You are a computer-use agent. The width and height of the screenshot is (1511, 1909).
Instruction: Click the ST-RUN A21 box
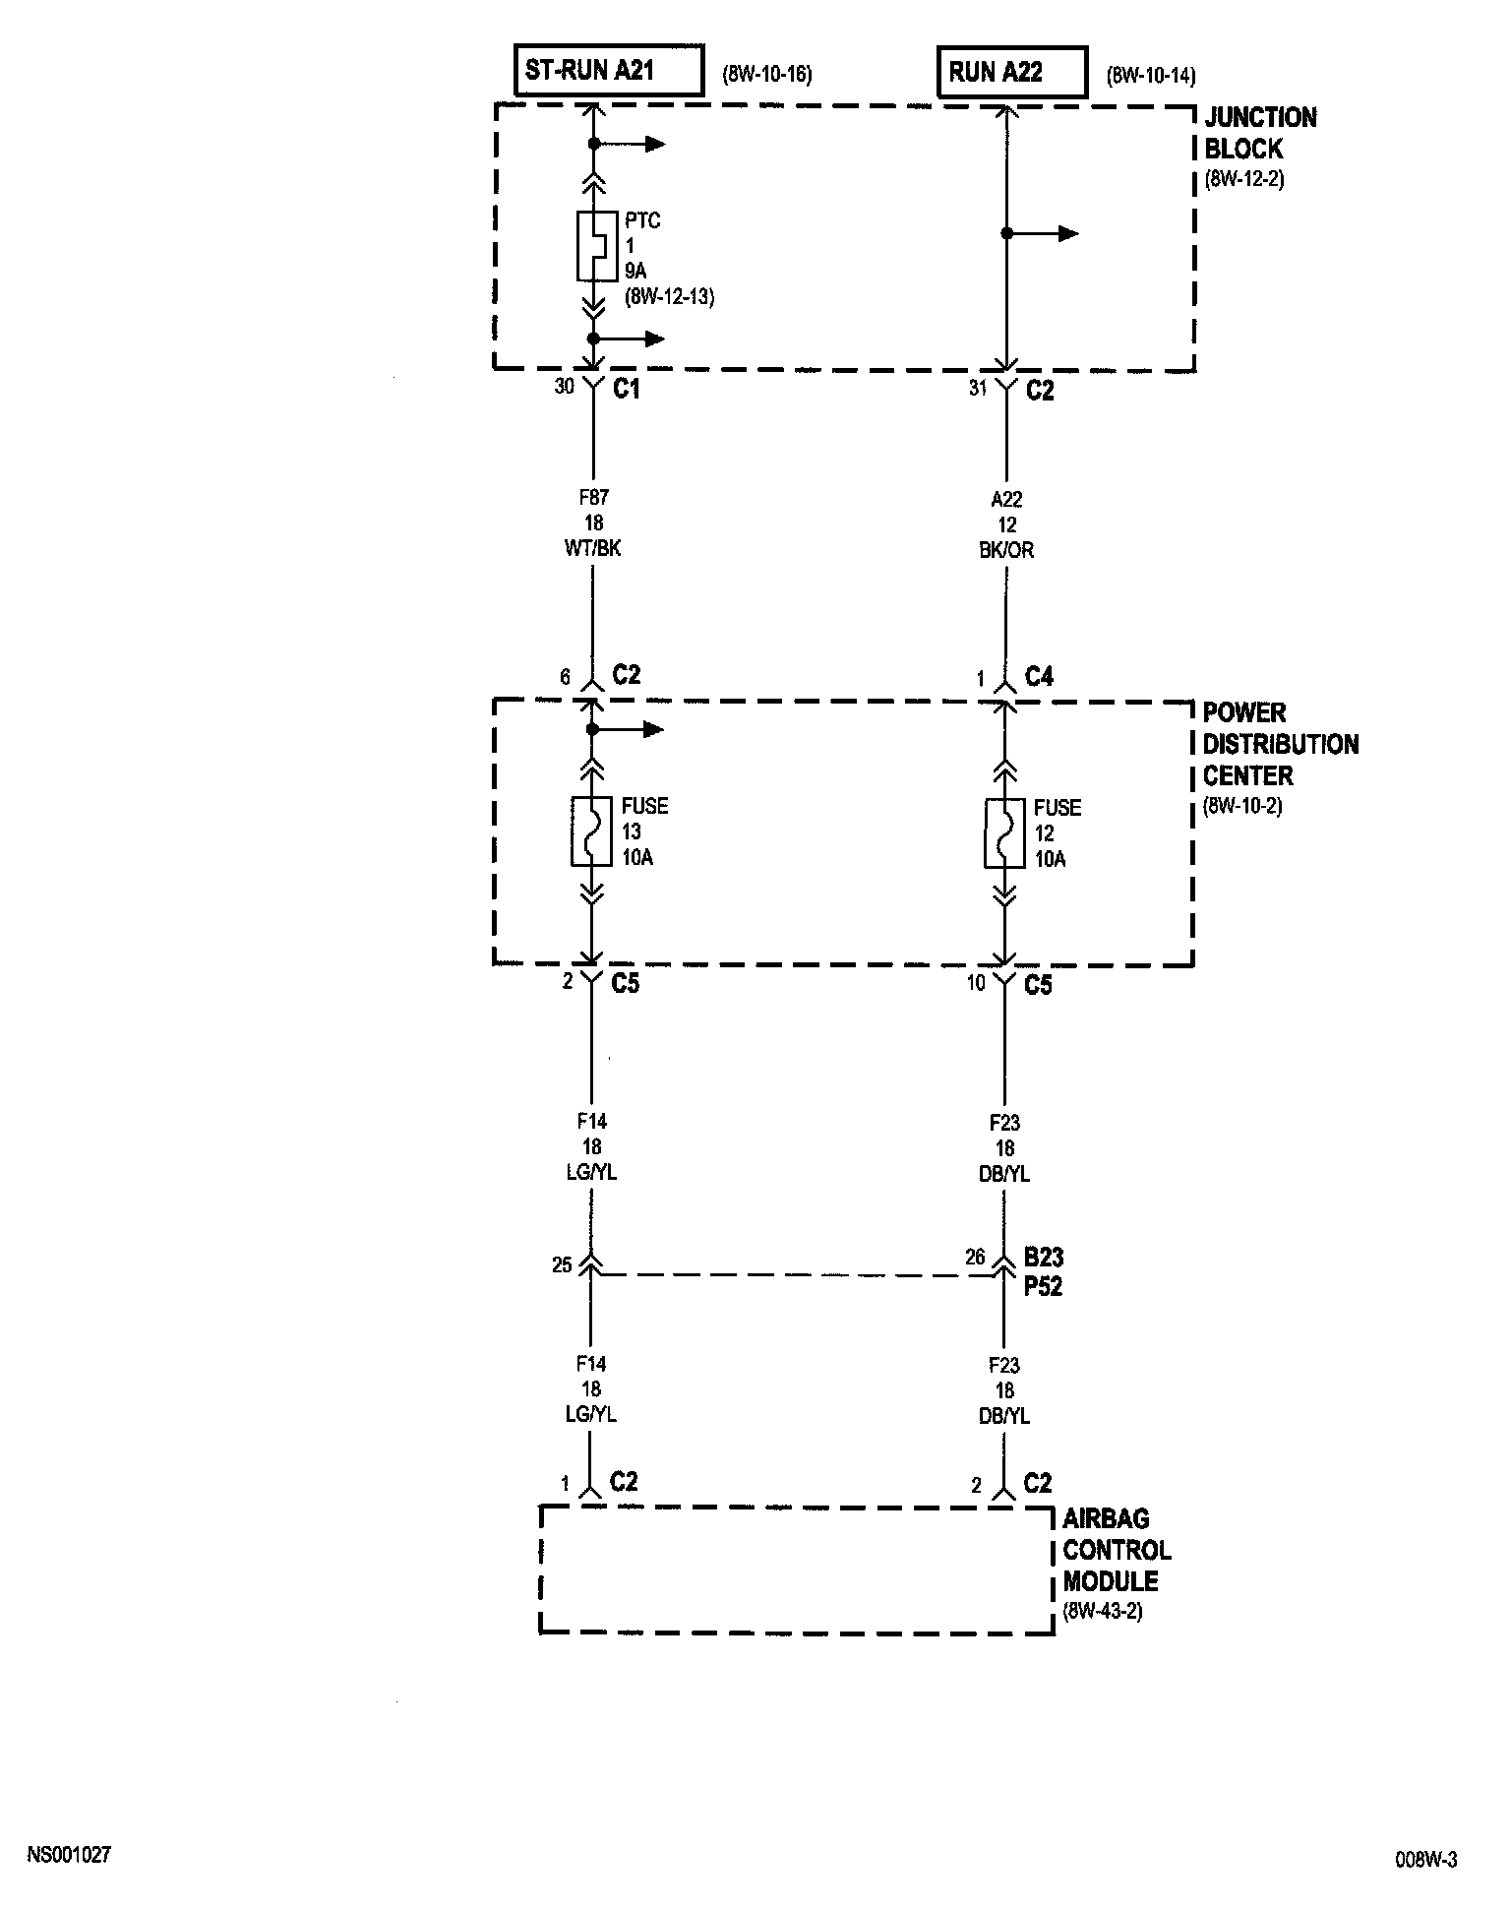coord(610,72)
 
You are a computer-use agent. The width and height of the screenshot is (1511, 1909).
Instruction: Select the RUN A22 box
coord(1012,72)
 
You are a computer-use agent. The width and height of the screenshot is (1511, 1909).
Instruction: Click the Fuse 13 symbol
coord(591,831)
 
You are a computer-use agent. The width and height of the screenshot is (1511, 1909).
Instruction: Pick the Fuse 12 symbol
coord(1004,833)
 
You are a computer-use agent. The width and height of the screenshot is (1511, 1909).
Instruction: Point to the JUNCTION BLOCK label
coord(1259,134)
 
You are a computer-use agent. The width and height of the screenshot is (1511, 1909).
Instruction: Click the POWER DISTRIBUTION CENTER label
coord(1280,744)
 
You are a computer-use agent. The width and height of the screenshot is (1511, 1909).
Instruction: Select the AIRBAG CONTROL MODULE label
coord(1117,1550)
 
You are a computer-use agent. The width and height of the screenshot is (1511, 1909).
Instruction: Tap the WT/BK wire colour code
coord(592,549)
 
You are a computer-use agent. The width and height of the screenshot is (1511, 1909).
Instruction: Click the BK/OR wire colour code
coord(1005,551)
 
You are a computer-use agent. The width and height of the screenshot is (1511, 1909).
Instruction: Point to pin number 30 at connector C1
coord(564,387)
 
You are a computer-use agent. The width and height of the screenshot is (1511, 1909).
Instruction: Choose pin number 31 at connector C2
coord(977,389)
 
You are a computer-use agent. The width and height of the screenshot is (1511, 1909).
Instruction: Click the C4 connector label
coord(1039,676)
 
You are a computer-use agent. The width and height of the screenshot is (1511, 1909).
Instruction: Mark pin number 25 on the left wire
coord(562,1265)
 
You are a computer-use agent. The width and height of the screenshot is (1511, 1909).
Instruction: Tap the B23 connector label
coord(1043,1258)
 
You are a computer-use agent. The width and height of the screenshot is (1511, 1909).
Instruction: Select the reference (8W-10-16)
coord(767,75)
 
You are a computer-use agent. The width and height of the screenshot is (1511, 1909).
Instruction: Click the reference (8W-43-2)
coord(1102,1613)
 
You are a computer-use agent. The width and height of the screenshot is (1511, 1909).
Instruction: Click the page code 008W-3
coord(1425,1860)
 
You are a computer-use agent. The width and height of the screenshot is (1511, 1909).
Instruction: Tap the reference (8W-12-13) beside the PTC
coord(669,296)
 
